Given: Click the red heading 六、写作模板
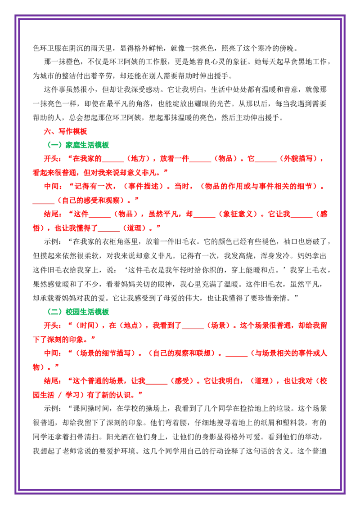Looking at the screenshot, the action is (66, 131).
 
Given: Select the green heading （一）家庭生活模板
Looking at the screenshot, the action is (78, 145).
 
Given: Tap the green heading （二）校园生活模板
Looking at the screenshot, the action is (78, 312).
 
